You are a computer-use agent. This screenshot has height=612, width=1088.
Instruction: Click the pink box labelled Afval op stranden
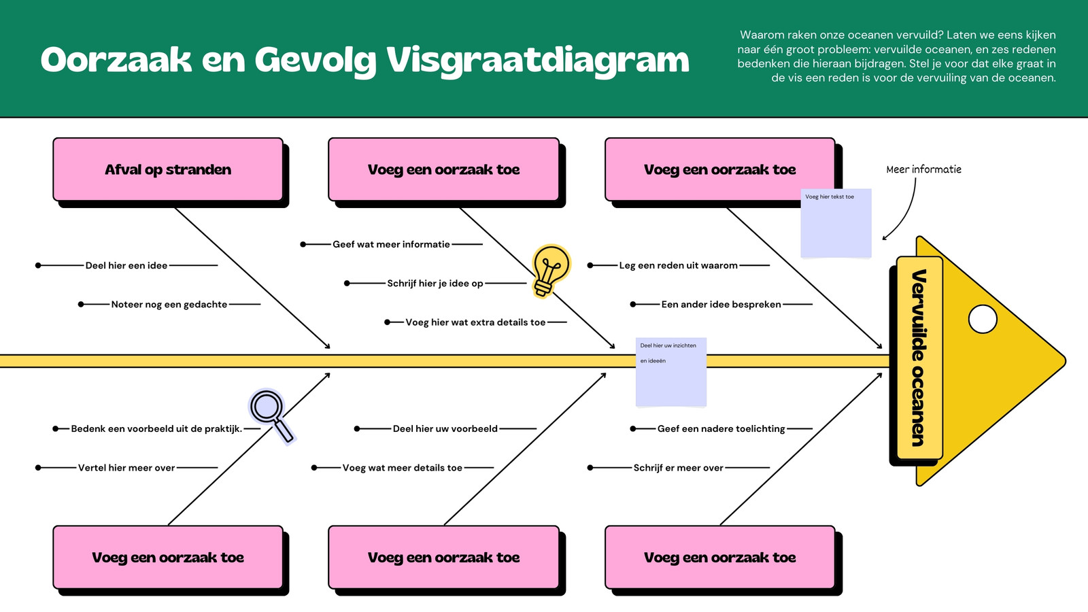(x=168, y=169)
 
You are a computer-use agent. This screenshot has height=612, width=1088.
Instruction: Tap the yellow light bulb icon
(x=550, y=271)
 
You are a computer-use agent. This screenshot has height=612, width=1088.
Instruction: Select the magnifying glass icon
(x=271, y=417)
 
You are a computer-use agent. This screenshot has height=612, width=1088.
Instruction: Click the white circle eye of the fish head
(x=983, y=319)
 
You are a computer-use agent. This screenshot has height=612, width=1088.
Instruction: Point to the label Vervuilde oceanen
(x=919, y=358)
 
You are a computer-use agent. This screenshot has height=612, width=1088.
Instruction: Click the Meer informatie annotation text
(x=924, y=169)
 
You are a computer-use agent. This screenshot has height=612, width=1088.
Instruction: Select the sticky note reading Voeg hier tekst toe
(x=836, y=223)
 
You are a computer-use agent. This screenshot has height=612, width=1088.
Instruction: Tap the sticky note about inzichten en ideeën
(x=670, y=371)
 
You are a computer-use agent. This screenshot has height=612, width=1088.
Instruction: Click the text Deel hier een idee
(x=126, y=266)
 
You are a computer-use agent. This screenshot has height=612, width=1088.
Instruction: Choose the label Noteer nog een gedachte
(x=169, y=305)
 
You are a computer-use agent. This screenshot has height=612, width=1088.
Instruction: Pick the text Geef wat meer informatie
(x=391, y=244)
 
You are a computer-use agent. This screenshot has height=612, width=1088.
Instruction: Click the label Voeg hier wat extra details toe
(x=475, y=322)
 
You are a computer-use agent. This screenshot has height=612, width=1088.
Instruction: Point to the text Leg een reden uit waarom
(x=678, y=266)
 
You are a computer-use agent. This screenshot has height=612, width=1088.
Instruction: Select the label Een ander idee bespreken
(x=721, y=305)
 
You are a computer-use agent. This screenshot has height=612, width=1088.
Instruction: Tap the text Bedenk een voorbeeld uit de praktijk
(x=156, y=429)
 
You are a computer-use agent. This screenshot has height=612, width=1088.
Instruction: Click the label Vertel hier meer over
(x=126, y=468)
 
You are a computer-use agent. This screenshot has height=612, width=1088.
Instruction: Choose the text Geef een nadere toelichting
(x=721, y=429)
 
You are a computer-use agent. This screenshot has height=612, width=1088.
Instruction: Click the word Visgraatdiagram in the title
(x=538, y=61)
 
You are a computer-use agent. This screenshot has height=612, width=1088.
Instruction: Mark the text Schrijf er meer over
(x=678, y=468)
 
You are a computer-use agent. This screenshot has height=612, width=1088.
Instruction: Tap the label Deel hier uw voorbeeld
(x=445, y=429)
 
